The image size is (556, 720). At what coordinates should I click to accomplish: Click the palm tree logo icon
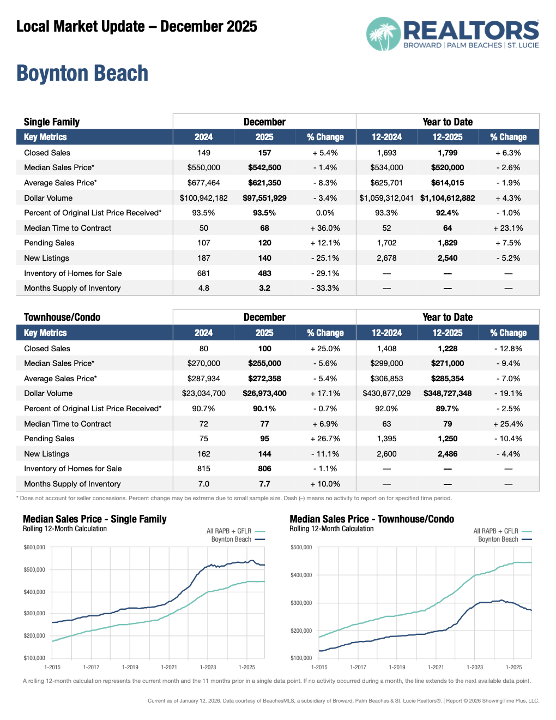coord(383,34)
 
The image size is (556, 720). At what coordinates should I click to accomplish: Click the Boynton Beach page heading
coord(82,74)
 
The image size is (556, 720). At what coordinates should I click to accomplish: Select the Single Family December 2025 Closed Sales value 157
coord(264,153)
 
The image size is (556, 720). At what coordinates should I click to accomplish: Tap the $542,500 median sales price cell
coord(264,167)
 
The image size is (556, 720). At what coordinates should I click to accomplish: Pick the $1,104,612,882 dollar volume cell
coord(448,198)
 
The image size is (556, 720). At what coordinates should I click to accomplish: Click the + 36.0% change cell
coord(325,228)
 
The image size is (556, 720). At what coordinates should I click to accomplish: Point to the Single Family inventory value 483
coord(264,273)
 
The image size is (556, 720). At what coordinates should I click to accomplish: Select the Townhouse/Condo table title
coord(62,317)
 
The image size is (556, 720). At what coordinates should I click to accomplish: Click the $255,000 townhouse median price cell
coord(264,363)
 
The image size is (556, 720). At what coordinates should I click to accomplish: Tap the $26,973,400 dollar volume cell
coord(264,393)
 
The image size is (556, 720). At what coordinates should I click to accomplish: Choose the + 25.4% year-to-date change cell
coord(508,424)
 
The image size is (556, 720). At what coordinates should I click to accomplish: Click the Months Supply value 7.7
coord(264,484)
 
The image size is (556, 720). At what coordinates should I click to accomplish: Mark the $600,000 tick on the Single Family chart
coord(34,548)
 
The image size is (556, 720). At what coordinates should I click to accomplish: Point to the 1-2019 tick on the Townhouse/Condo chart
coord(397,667)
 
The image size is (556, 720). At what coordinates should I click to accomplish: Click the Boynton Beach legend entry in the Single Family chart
coord(232,539)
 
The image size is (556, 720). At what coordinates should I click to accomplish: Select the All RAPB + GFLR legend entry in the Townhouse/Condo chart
coord(496,531)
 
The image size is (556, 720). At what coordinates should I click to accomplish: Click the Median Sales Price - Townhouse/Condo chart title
coord(372,519)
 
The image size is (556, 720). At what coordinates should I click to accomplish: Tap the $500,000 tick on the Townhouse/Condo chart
coord(301,548)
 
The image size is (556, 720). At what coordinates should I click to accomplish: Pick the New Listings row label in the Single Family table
coord(47,258)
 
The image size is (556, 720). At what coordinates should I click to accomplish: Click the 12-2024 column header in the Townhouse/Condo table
coord(386,333)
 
